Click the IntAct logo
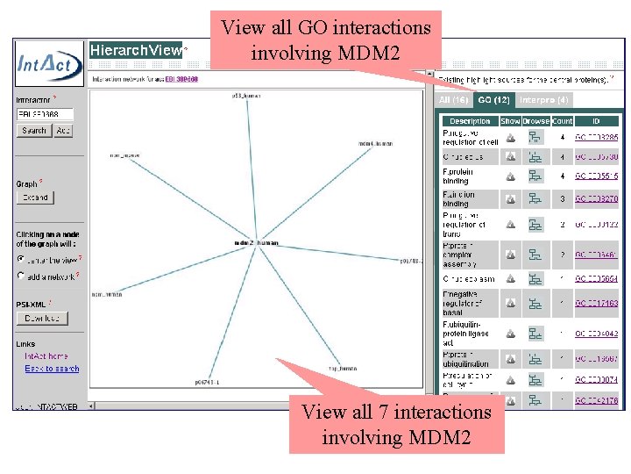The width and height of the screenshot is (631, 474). point(50,63)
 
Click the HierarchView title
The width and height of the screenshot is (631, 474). point(136,50)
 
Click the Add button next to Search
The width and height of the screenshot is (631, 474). point(63,130)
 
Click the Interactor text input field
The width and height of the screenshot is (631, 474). point(45,114)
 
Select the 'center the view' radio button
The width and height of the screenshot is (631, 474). point(21,259)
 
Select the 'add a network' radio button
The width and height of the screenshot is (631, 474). point(21,276)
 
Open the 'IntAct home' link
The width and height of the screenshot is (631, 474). point(46,356)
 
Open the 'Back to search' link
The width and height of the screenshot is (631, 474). point(52,369)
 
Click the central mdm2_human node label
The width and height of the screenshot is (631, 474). point(256,242)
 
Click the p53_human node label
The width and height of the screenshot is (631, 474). point(246,94)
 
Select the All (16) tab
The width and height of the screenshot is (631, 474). point(453,100)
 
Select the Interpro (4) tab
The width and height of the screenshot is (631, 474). point(543,100)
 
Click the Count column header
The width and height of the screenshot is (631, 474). point(562,121)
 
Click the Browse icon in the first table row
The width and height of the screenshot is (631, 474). point(535,138)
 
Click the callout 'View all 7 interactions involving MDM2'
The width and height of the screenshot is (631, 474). point(396,423)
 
